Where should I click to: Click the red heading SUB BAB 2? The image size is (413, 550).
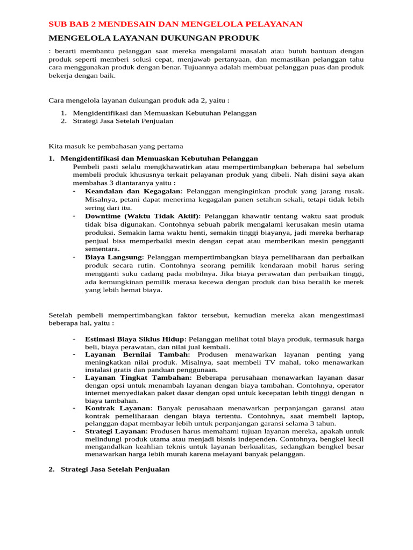(175, 24)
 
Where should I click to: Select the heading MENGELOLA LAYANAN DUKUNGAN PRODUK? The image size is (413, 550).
(154, 38)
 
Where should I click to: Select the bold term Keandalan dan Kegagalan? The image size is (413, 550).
(133, 191)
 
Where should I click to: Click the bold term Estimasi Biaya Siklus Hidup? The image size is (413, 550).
(134, 339)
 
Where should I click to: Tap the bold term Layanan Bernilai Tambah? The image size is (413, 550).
(137, 355)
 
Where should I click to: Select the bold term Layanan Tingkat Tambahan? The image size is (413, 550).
(137, 378)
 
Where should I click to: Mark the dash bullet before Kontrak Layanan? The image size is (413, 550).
(74, 408)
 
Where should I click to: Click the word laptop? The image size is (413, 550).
(352, 416)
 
